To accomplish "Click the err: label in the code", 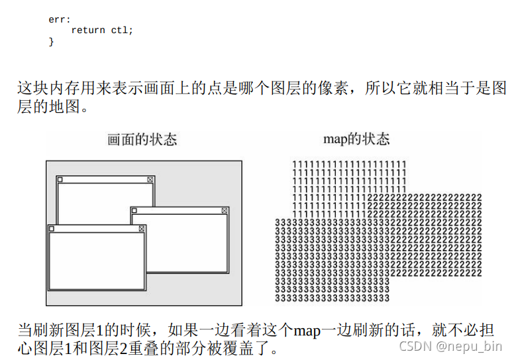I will pyautogui.click(x=59, y=19).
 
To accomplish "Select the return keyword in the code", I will pyautogui.click(x=87, y=30).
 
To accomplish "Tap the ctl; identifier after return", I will pyautogui.click(x=122, y=30).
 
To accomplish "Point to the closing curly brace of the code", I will pyautogui.click(x=51, y=41).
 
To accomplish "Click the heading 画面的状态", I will pyautogui.click(x=142, y=140).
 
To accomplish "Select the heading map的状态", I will pyautogui.click(x=356, y=139).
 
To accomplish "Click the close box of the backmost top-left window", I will pyautogui.click(x=150, y=180).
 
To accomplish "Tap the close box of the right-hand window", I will pyautogui.click(x=224, y=211).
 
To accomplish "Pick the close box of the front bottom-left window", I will pyautogui.click(x=141, y=228).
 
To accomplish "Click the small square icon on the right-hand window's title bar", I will pyautogui.click(x=134, y=211).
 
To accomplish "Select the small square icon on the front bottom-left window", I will pyautogui.click(x=52, y=228).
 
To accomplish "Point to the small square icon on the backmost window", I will pyautogui.click(x=60, y=180).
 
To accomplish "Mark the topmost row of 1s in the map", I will pyautogui.click(x=349, y=164).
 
